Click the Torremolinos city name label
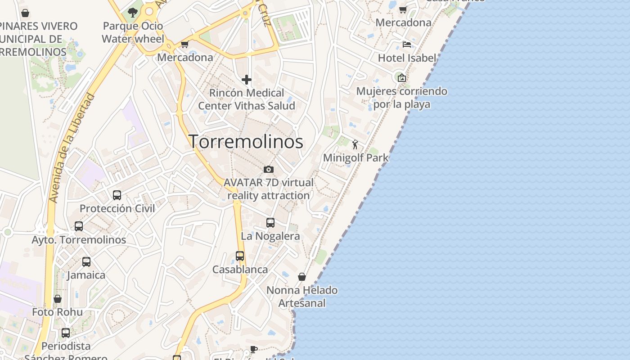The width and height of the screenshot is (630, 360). point(246,142)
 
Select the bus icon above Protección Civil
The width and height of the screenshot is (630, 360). point(117,195)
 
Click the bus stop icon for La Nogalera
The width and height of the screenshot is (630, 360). point(270,222)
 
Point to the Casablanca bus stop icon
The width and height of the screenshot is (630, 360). point(240,256)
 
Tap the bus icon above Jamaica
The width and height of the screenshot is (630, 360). point(86,261)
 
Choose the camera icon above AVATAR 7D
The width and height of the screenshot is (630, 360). point(269,169)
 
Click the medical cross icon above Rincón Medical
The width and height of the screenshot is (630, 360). point(247,80)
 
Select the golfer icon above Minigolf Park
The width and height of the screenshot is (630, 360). point(355,144)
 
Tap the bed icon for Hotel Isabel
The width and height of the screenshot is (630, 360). point(407,44)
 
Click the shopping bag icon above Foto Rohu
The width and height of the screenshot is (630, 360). point(58,298)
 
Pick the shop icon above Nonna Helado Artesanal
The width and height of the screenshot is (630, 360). point(302,276)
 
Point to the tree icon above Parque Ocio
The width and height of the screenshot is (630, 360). point(132,12)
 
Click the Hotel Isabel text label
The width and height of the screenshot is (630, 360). point(407,58)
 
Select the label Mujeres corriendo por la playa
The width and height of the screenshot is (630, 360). point(401,98)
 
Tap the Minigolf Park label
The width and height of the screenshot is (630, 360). point(355,158)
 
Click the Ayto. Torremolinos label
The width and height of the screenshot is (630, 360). point(79,240)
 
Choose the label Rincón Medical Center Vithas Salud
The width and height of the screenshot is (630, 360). point(247,99)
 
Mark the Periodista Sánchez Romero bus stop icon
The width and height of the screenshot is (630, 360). point(66,333)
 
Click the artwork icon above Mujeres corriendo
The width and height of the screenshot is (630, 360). point(401,77)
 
